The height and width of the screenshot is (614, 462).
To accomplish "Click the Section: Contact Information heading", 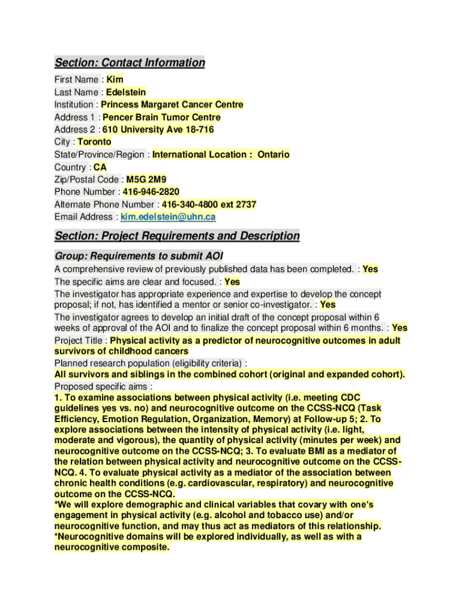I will [130, 62].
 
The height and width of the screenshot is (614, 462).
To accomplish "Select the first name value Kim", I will [115, 80].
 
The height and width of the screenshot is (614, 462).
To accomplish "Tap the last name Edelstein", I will [126, 92].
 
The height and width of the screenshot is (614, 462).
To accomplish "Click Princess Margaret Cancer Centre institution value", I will [172, 105].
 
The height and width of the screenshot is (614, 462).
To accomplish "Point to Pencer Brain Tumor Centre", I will [161, 118].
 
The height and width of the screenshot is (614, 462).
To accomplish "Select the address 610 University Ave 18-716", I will [158, 130].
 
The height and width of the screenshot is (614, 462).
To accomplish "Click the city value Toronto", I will [95, 142].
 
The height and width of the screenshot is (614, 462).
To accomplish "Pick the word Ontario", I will [273, 155].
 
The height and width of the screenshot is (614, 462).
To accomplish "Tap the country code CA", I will [100, 167].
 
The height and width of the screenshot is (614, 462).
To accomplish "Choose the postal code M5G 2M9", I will [146, 179].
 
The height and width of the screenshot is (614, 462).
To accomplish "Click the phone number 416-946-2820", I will [151, 192].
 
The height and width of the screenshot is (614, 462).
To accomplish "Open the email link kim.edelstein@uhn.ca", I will [168, 217].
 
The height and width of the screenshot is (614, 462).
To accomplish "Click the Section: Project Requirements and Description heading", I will [177, 236].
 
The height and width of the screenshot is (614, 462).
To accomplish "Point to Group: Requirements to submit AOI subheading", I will [139, 255].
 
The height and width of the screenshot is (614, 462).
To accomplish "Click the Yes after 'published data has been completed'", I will [370, 269].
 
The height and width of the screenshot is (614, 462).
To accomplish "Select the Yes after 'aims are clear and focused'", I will [232, 282].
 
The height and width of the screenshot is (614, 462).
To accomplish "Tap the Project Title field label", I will [78, 341].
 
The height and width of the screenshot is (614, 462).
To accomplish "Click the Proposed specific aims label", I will [101, 386].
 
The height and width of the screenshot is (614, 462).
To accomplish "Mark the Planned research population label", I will [149, 363].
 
